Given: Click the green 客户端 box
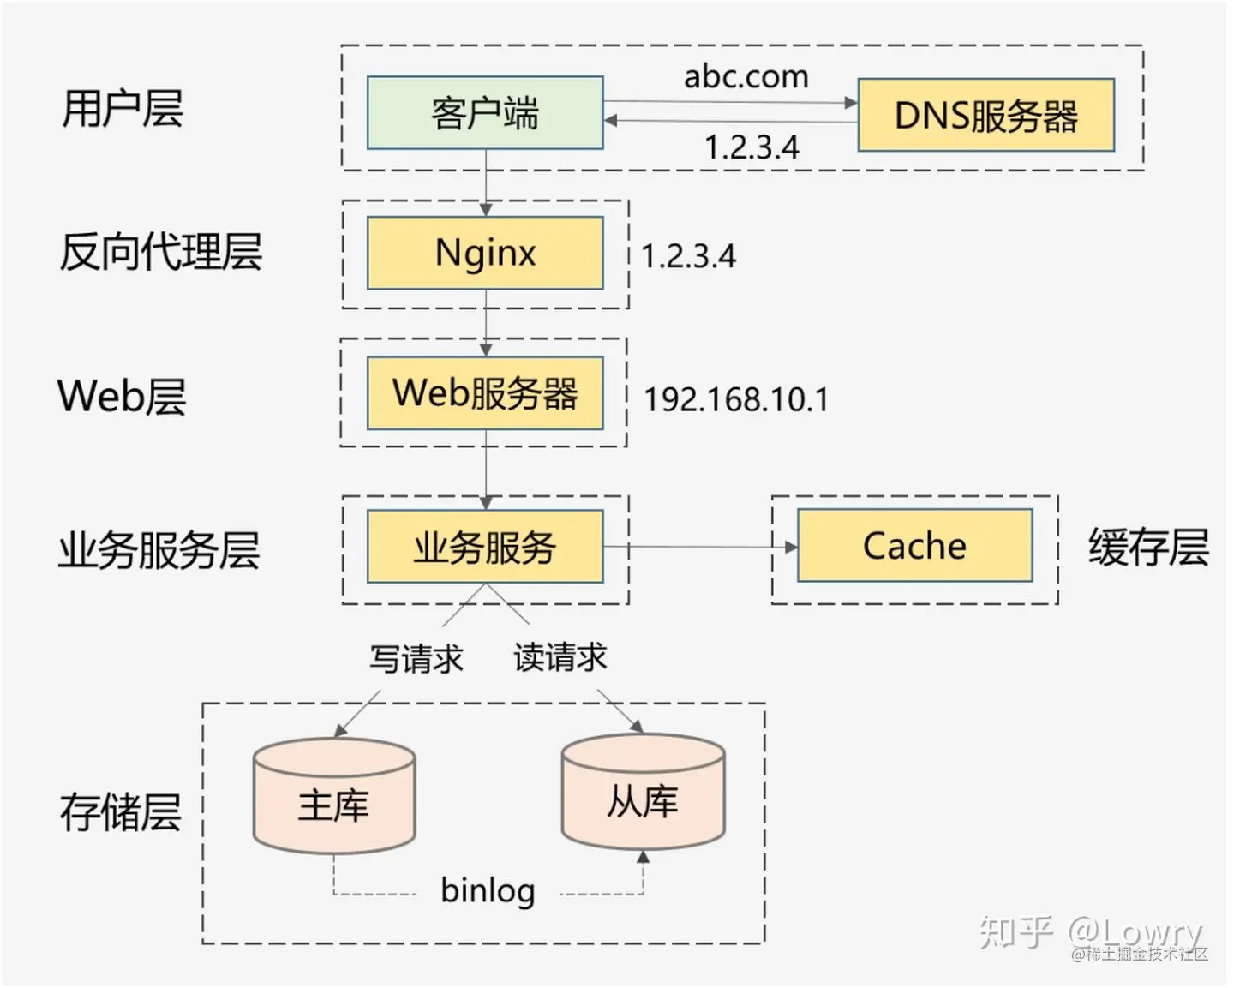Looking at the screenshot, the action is tap(485, 112).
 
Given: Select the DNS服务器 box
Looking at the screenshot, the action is tap(986, 115).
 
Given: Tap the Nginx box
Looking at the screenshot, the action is tap(485, 253).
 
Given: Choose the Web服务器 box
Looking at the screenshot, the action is tap(485, 393).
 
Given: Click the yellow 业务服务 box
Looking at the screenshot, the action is tap(485, 547).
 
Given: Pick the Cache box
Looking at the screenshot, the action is tap(915, 545).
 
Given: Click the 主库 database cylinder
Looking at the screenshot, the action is tap(334, 796).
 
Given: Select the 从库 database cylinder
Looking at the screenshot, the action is tap(644, 791).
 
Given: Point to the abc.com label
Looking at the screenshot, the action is tap(746, 76).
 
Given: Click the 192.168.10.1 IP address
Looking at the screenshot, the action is tap(736, 399).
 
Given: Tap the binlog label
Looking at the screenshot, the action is tap(488, 892).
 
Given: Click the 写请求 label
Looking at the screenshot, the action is tap(416, 658).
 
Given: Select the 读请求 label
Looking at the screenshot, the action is tap(560, 656).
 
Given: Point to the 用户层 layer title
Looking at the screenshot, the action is tap(123, 108).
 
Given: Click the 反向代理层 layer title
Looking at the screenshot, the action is tap(161, 252).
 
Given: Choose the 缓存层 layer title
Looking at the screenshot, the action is tap(1149, 547).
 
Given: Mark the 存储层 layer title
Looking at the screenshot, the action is tap(121, 812).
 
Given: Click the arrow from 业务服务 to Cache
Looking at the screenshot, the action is tap(700, 547).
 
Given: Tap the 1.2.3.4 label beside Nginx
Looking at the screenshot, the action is tap(688, 256).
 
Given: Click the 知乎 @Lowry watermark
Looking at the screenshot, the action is tap(1091, 931).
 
